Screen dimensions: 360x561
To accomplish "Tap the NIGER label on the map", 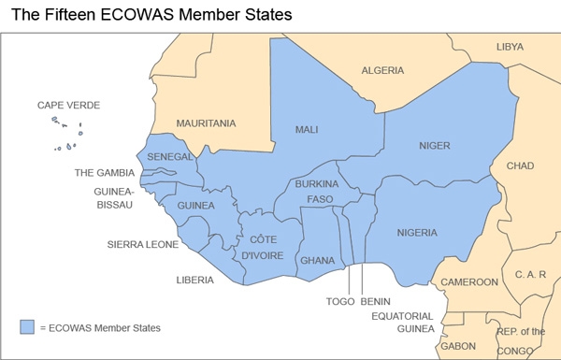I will (435, 146).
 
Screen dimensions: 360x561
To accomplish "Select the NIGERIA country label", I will (418, 232).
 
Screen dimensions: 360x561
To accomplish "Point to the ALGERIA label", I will (382, 70).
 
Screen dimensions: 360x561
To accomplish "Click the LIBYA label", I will (510, 46).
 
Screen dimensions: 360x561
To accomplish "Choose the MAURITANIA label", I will (206, 122).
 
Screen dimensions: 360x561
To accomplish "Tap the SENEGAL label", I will (170, 156).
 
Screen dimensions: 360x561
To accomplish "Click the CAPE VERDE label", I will (68, 105).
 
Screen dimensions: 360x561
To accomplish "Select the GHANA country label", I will (316, 259).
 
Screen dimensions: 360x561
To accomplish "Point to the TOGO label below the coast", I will (340, 301).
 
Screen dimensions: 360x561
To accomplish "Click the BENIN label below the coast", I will (375, 301).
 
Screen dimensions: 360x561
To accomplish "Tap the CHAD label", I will (520, 166).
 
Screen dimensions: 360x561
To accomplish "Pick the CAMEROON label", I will (469, 281).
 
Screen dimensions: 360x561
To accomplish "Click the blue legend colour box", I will (27, 327).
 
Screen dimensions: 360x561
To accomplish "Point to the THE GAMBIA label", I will (104, 173).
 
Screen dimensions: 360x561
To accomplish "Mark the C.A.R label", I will (530, 274).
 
